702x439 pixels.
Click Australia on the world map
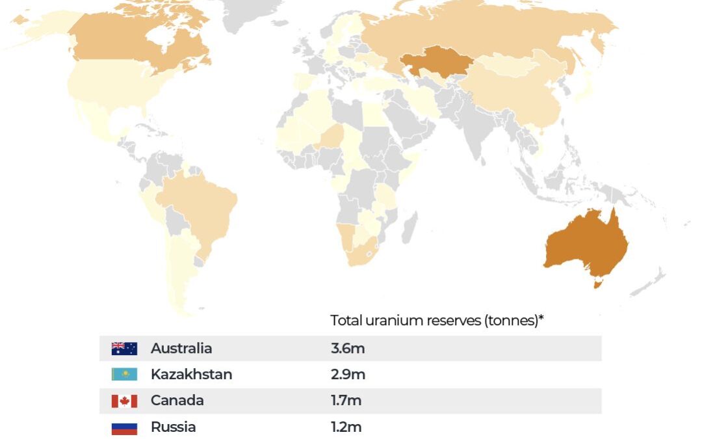coord(585,244)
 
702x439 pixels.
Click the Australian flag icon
coord(124,349)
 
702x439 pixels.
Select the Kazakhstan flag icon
coord(124,375)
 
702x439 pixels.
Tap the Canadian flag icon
coord(124,401)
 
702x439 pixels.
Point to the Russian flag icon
coord(124,427)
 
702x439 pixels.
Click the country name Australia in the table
coord(181,349)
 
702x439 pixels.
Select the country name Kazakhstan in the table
coord(191,375)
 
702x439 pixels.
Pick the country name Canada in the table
coord(177,401)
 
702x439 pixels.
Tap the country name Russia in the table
coord(173,427)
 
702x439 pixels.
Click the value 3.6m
coord(347,349)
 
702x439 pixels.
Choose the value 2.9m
coord(347,375)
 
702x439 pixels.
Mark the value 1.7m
coord(346,401)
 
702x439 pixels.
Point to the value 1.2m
coord(346,427)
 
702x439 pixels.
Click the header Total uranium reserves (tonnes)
coord(436,321)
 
